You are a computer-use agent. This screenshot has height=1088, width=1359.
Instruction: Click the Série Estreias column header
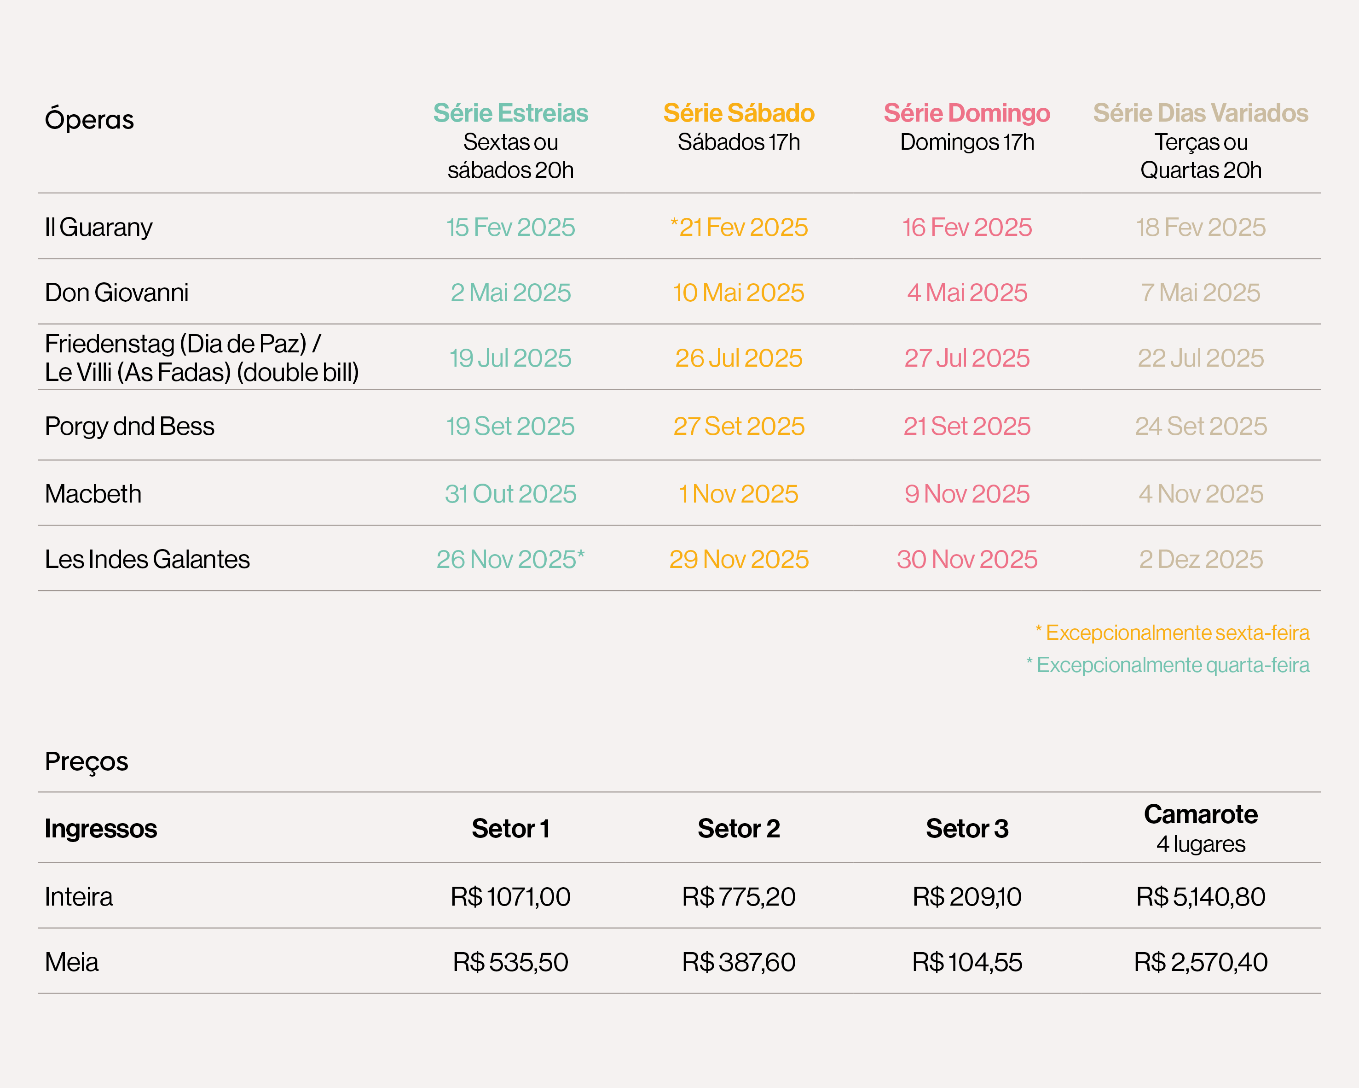coord(510,113)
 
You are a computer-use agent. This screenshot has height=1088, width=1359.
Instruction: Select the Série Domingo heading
coord(967,113)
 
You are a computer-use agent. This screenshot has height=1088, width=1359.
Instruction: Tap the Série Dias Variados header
coord(1200,113)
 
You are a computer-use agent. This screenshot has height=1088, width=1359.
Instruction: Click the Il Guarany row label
coord(98,227)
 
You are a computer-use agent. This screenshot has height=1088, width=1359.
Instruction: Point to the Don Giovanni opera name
coord(116,292)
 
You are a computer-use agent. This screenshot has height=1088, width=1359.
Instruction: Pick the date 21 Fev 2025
coord(739,227)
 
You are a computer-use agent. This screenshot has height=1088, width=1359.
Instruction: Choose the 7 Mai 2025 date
coord(1200,292)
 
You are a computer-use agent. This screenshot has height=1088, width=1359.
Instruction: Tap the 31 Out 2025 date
coord(510,494)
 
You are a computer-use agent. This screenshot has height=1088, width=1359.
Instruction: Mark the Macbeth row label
coord(93,494)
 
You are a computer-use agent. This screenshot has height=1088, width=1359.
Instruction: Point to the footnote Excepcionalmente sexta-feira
coord(1173,632)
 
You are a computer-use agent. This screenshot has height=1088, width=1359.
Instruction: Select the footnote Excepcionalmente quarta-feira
coord(1168,665)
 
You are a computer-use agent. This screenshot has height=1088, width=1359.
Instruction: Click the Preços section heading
coord(87,761)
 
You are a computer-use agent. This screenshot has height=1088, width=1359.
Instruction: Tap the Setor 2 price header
coord(739,829)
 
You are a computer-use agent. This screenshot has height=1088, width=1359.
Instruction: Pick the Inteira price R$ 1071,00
coord(510,897)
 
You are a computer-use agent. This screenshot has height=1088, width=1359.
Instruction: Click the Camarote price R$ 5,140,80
coord(1200,897)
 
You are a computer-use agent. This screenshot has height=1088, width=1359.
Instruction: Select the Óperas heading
coord(89,119)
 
